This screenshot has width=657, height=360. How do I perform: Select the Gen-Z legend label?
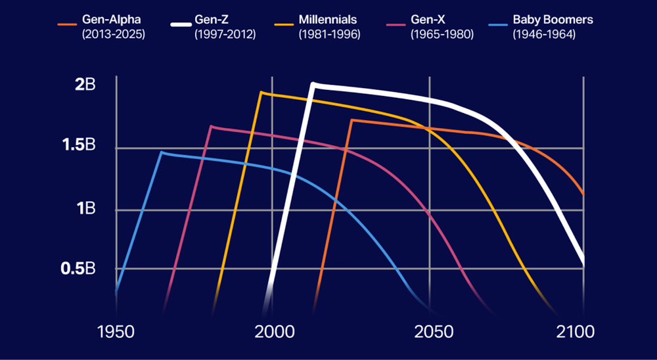point(212,20)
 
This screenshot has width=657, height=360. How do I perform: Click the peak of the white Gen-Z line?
point(313,84)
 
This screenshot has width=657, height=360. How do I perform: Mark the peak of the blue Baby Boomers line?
point(162,152)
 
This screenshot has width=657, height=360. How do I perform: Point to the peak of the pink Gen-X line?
point(211,126)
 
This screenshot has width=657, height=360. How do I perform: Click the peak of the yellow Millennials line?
point(261,93)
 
